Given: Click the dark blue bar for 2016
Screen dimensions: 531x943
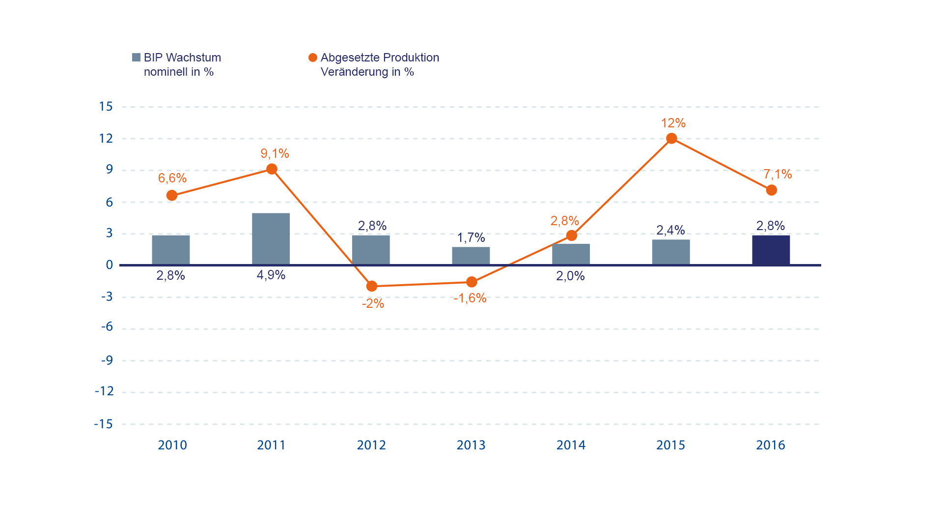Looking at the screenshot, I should point(771,250).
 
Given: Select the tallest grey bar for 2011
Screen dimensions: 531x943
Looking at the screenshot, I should point(271,239).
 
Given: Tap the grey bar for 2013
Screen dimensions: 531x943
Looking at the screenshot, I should point(471,256).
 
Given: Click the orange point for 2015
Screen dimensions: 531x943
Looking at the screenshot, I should point(671,139).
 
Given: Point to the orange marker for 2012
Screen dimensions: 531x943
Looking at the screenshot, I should point(372,286).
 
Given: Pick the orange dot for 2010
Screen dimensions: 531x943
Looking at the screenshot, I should point(172,196).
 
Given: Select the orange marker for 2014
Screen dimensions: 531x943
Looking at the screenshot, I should point(571,236).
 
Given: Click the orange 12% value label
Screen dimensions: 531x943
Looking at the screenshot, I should point(673,123).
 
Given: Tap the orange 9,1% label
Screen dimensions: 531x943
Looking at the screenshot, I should point(275,153).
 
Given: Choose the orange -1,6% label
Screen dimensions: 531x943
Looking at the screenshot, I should point(470,298).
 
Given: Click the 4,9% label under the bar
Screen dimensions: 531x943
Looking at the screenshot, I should point(271,275).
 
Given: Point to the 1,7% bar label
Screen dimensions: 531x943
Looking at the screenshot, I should point(471,238).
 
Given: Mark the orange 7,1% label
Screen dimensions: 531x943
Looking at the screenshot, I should point(777,174).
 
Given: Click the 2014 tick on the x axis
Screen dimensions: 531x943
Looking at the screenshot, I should point(571,445).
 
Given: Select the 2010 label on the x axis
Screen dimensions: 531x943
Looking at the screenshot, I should point(172,445).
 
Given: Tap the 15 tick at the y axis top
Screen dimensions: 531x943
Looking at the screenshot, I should point(106,107).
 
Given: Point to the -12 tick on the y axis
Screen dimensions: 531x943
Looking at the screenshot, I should point(104,391).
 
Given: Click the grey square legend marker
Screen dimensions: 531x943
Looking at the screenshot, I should point(136,58).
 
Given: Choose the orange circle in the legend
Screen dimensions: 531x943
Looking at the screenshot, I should point(313,58).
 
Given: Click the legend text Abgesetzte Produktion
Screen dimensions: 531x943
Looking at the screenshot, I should point(380,58).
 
